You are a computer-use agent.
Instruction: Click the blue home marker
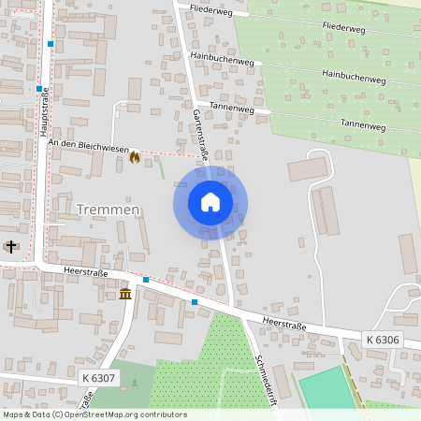(210, 202)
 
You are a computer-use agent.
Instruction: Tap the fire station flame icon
(134, 157)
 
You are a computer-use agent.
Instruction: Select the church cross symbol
(10, 247)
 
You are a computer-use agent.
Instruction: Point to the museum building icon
(125, 295)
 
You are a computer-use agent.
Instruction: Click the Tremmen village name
(108, 210)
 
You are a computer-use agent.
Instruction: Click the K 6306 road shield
(382, 340)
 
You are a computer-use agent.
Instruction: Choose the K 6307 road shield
(98, 377)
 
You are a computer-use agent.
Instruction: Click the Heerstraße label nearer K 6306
(285, 323)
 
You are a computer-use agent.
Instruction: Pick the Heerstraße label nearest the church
(87, 272)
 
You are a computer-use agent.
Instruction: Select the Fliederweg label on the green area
(342, 29)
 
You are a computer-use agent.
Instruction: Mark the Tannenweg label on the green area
(363, 124)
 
